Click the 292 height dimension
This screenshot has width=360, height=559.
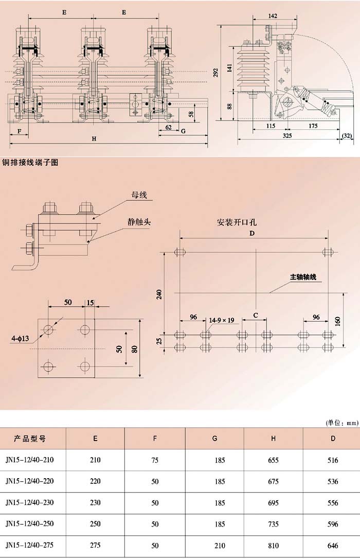click(216, 74)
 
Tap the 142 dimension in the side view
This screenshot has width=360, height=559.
click(273, 16)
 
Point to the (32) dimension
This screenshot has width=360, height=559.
click(347, 136)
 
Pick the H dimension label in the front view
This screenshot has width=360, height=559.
click(94, 138)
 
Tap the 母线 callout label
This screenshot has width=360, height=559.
click(139, 195)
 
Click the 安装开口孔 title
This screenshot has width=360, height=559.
click(237, 223)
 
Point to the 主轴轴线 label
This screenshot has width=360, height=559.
click(303, 277)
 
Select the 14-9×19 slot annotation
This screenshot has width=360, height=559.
click(221, 320)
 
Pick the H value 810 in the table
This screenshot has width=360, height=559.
click(274, 545)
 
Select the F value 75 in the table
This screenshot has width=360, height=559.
click(155, 460)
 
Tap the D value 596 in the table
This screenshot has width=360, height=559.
click(333, 524)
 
